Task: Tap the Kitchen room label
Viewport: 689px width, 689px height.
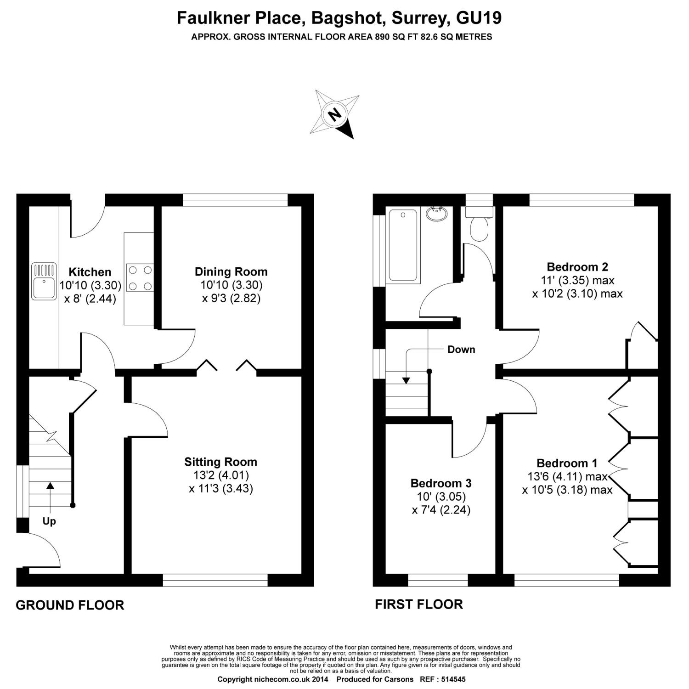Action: [90, 272]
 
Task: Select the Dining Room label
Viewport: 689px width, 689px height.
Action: [231, 271]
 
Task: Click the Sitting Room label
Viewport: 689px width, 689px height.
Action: [221, 462]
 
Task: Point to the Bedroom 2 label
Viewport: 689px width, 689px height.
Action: [577, 267]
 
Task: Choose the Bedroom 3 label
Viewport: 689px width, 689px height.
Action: [441, 483]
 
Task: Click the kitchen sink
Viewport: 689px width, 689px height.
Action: [44, 282]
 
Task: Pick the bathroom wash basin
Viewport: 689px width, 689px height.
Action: [437, 214]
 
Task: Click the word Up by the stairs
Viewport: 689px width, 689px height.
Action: [49, 521]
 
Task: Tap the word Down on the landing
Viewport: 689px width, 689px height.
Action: [461, 350]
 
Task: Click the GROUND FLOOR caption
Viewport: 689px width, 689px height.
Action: [70, 605]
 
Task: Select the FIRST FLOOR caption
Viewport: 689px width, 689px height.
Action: [419, 604]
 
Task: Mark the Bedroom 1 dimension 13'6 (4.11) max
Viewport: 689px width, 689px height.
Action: [568, 476]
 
